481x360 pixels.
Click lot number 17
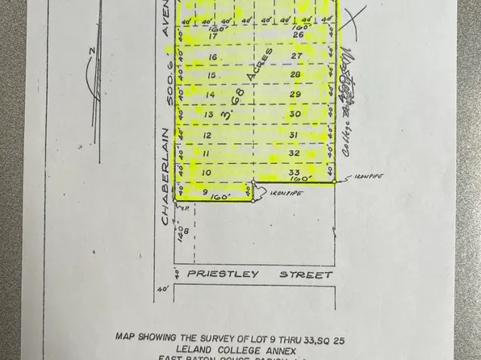214,36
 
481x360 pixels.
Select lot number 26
297,35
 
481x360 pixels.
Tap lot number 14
210,94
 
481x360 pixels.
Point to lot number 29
295,94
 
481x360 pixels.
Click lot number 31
295,134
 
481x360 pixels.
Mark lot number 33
294,172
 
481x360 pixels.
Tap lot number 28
295,74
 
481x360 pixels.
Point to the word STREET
306,274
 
